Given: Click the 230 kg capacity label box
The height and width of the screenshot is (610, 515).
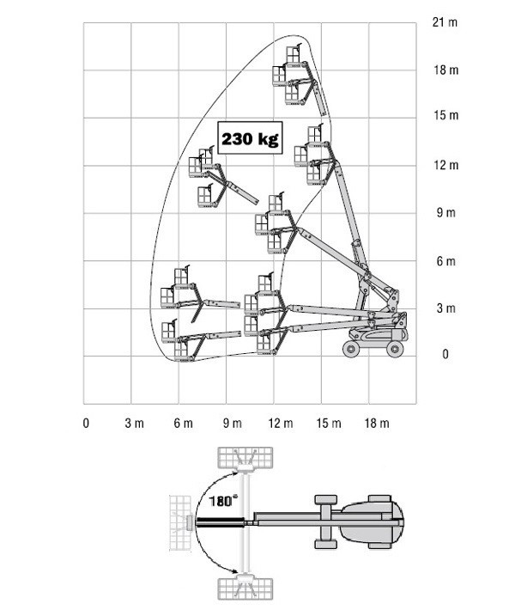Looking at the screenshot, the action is [250, 137].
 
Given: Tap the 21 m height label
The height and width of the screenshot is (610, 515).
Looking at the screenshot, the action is [445, 22].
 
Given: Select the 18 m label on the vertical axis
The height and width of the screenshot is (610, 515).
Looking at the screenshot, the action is [445, 70].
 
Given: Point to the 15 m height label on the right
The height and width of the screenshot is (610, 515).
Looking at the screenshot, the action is [445, 115].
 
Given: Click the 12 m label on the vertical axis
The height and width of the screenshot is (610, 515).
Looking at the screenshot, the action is [445, 165].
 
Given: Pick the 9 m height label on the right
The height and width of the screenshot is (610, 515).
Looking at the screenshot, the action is [445, 212].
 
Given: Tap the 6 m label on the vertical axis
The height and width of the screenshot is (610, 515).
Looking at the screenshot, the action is [445, 260].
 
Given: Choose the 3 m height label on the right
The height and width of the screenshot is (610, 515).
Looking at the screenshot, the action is [445, 308].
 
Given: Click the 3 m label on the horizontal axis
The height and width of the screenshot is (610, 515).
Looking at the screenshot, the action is [134, 423].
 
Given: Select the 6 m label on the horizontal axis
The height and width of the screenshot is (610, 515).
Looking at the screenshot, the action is [183, 423].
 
